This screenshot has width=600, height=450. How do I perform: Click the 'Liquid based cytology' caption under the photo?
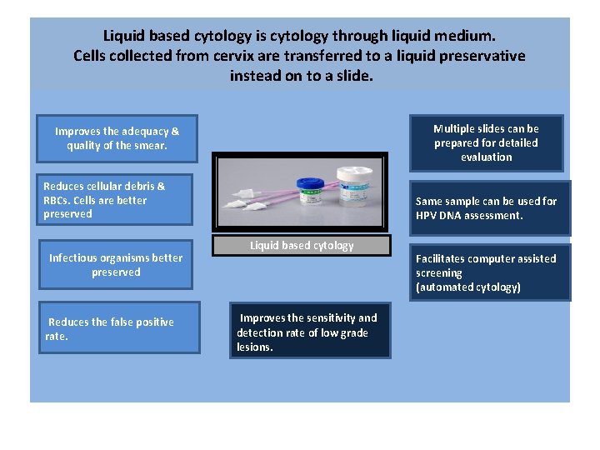(x=302, y=246)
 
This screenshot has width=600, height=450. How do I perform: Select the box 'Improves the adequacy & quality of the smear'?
(x=117, y=138)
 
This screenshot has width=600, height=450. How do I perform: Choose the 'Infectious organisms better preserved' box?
(x=116, y=265)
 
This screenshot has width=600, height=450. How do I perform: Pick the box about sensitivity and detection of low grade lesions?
(x=310, y=332)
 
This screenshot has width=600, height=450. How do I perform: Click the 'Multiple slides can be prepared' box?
(x=486, y=142)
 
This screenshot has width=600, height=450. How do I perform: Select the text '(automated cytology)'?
(x=468, y=287)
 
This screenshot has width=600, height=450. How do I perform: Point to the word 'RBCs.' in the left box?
(x=59, y=200)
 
